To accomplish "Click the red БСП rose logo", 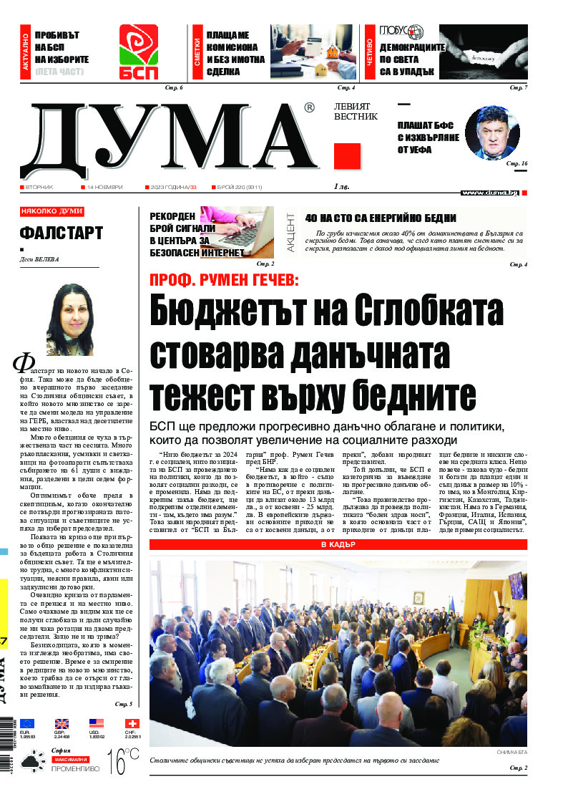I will (138, 54).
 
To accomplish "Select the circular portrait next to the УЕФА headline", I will (491, 132).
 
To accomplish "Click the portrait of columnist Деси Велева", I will (69, 319).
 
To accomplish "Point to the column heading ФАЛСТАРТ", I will (62, 233).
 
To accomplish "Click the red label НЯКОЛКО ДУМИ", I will (52, 211).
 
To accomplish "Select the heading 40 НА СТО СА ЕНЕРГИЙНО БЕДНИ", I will (381, 218).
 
